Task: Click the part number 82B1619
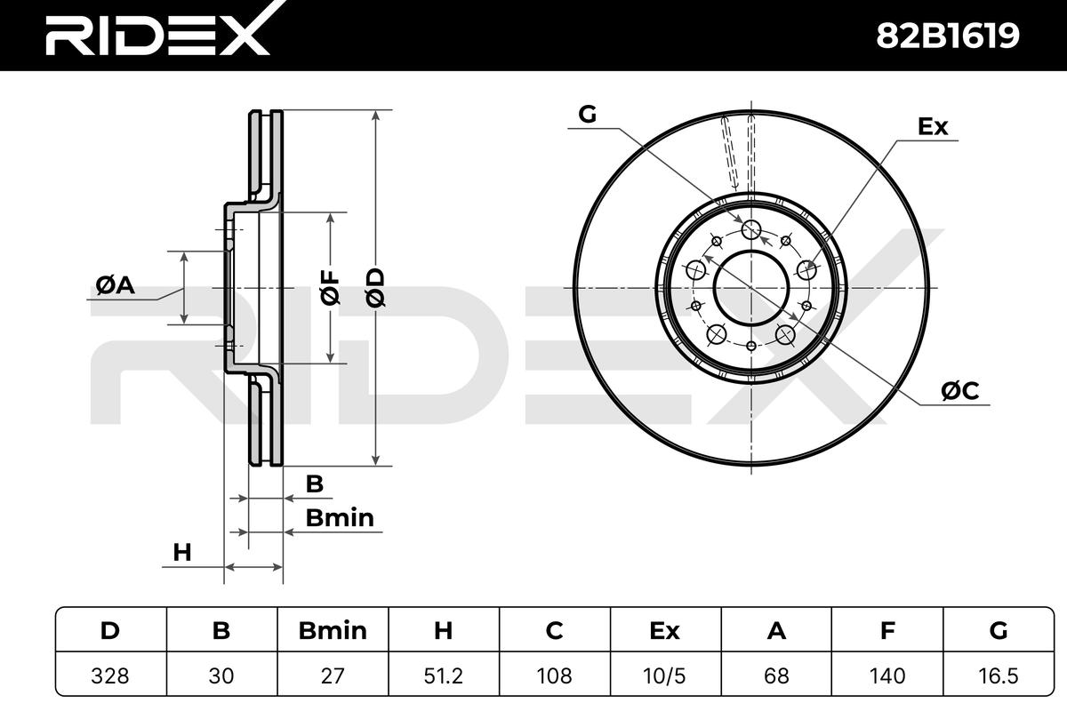pyautogui.click(x=948, y=36)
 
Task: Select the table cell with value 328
pyautogui.click(x=110, y=675)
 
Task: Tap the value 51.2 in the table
pyautogui.click(x=443, y=675)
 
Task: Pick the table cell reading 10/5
pyautogui.click(x=664, y=675)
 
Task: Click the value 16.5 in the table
pyautogui.click(x=998, y=675)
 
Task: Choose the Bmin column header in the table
pyautogui.click(x=333, y=630)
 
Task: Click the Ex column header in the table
pyautogui.click(x=664, y=630)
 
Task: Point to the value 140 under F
pyautogui.click(x=887, y=675)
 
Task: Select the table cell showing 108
pyautogui.click(x=555, y=675)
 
